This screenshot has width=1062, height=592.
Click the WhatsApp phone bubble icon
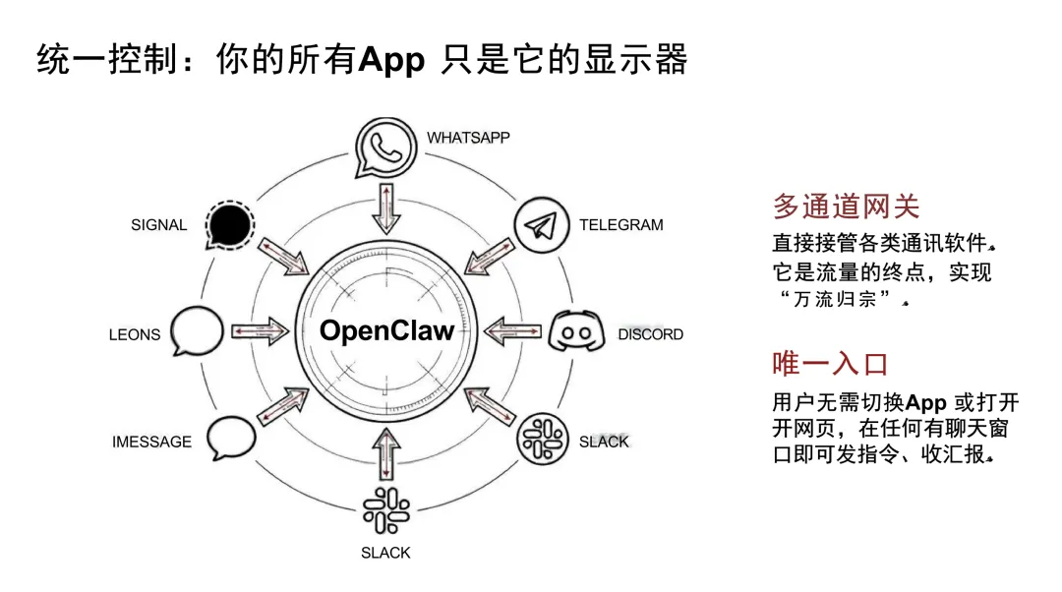tap(385, 148)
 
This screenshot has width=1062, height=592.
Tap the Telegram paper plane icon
tap(541, 225)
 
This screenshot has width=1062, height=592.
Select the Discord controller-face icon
tap(576, 331)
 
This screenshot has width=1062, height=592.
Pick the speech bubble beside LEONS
tap(197, 331)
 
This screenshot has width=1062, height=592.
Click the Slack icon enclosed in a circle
tap(543, 440)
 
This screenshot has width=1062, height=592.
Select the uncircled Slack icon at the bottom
tap(386, 510)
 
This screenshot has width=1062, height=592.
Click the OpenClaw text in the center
tap(386, 330)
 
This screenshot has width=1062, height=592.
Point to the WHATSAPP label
tap(468, 138)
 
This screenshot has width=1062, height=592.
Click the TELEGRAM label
tap(621, 225)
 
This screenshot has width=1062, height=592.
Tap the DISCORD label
tap(650, 334)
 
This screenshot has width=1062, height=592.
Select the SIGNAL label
tap(158, 225)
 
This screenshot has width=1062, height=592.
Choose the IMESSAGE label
tap(151, 442)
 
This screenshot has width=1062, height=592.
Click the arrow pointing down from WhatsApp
tap(386, 208)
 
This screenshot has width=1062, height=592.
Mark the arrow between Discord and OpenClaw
tap(512, 331)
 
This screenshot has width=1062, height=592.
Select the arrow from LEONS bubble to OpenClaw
tap(260, 331)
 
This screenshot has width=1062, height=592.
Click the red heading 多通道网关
tap(846, 206)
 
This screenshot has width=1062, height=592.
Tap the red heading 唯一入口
tap(830, 364)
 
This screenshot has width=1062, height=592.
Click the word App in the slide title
tap(391, 60)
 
